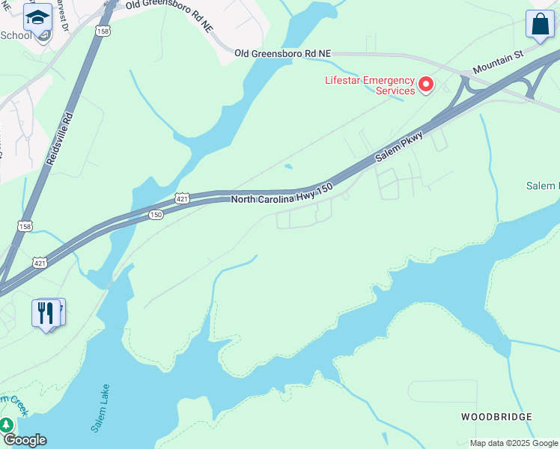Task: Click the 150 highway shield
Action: tap(156, 215)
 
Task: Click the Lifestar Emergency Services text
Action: tap(370, 85)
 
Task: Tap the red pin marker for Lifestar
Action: tap(426, 85)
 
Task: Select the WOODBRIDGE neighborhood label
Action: tap(496, 417)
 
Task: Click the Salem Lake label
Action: tap(101, 408)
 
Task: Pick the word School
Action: tap(16, 35)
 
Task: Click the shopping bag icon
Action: tap(540, 24)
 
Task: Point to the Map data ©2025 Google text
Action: tap(513, 443)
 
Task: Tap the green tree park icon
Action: tap(7, 425)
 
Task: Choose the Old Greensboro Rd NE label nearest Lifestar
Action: tap(282, 54)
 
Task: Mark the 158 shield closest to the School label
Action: tap(103, 31)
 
